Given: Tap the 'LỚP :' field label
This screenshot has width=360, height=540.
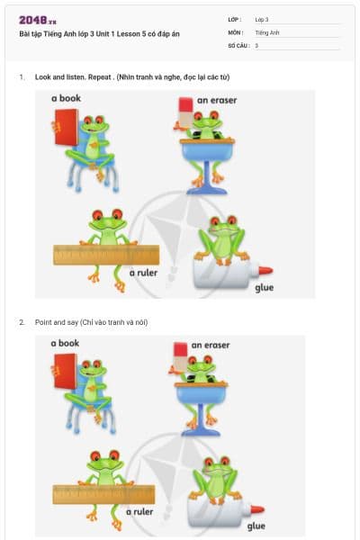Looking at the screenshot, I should (x=235, y=19).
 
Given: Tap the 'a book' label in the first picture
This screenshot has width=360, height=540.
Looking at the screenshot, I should (x=66, y=97).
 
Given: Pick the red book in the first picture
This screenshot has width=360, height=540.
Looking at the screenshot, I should (x=65, y=127).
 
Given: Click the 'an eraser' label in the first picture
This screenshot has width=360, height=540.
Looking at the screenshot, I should (x=217, y=100).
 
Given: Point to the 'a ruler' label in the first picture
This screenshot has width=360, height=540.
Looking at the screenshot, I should (x=144, y=271).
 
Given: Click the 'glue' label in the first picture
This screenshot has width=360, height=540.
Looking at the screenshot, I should (x=264, y=287).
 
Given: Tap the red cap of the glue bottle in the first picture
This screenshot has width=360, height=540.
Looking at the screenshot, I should (x=266, y=269).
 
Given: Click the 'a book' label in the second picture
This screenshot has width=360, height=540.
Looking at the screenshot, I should (x=65, y=343).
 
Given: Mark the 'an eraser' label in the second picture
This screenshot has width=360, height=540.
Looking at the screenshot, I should (x=211, y=345).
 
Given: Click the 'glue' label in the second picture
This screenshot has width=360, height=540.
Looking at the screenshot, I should (x=256, y=526).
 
